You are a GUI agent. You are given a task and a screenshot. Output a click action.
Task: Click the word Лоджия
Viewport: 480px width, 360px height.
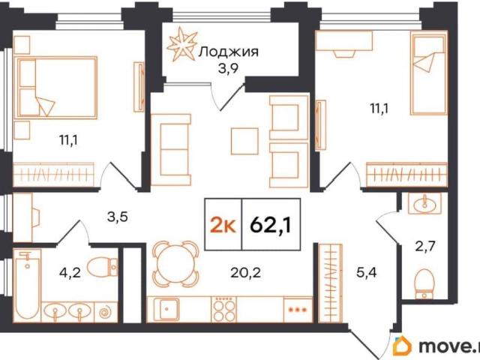click(x=228, y=52)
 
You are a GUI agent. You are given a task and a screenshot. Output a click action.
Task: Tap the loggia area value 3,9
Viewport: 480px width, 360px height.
click(x=228, y=69)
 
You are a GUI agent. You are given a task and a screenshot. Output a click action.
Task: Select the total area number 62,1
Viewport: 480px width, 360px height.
click(x=271, y=225)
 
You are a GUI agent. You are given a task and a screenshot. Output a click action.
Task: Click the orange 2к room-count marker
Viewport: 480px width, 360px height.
click(x=223, y=226)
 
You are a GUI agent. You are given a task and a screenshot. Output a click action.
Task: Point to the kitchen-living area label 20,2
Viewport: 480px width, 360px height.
click(x=245, y=272)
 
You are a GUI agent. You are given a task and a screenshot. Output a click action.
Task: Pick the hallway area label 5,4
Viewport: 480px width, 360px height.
click(x=367, y=271)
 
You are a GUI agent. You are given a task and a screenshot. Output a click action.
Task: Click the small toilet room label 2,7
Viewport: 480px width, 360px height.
click(x=425, y=245)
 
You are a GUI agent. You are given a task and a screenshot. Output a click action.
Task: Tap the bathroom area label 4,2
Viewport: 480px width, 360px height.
click(x=70, y=271)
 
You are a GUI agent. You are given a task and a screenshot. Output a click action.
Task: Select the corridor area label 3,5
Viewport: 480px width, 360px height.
click(x=117, y=217)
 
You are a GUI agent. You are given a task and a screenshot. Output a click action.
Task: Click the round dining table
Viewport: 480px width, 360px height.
click(x=175, y=263)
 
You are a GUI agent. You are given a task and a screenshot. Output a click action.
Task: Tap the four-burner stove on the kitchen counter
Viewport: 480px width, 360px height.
click(x=225, y=309)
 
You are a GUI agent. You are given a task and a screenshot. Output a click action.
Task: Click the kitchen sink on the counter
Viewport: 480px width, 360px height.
click(x=167, y=309)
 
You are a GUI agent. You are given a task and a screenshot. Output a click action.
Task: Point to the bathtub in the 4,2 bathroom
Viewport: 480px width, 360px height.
click(x=28, y=285)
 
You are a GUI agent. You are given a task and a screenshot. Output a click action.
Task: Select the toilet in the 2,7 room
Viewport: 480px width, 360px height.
click(x=424, y=283)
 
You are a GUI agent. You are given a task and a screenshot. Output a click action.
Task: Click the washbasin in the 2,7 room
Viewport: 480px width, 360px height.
click(x=424, y=203)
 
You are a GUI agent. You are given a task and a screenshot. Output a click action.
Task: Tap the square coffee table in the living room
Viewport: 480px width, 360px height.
click(x=244, y=141)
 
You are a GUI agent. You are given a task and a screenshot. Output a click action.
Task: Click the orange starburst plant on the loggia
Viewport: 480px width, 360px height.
click(x=181, y=44)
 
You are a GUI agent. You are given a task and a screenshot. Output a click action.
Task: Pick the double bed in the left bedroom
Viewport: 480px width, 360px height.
click(x=57, y=87)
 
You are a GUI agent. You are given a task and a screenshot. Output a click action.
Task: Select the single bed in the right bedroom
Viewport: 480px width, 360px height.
click(x=428, y=74)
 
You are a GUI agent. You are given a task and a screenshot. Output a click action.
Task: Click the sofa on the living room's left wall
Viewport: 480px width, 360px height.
click(x=171, y=150)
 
